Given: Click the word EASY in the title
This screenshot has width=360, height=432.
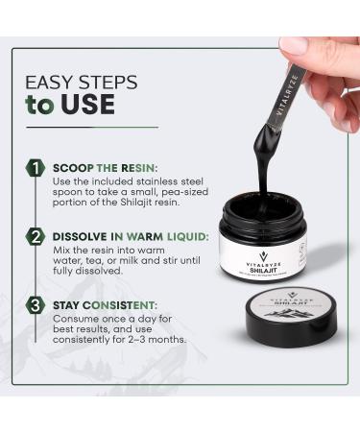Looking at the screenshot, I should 54,83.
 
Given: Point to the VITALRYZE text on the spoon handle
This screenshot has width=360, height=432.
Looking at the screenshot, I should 290,94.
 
